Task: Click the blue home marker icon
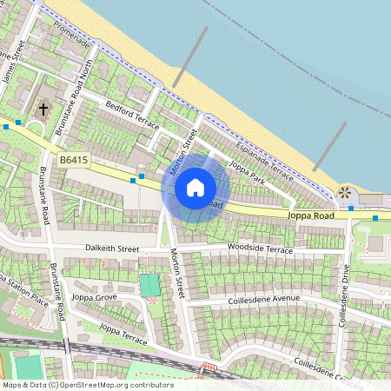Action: click(x=195, y=188)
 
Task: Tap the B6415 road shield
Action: click(x=75, y=160)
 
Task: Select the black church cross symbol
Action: click(x=44, y=109)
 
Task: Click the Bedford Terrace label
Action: click(x=133, y=119)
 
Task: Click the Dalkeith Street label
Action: click(x=112, y=249)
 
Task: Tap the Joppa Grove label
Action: click(x=96, y=297)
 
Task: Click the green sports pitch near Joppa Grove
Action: click(x=149, y=285)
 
